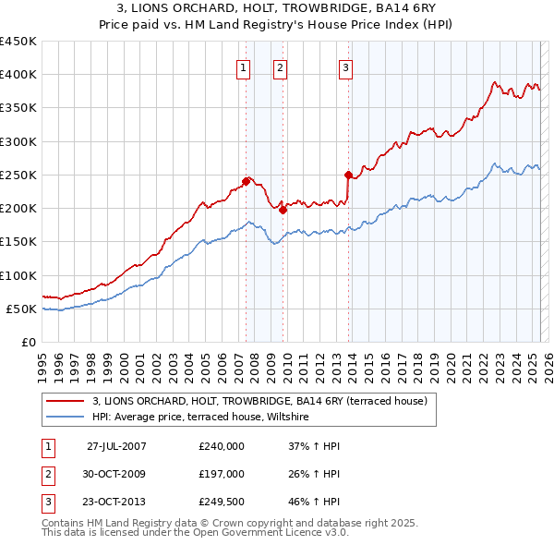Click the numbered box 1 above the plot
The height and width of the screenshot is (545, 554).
pyautogui.click(x=242, y=67)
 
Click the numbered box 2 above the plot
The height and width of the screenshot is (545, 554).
pyautogui.click(x=279, y=67)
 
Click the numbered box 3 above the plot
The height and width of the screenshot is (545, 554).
pyautogui.click(x=344, y=67)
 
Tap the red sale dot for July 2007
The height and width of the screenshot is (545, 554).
pyautogui.click(x=247, y=181)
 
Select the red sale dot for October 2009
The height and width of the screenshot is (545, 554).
pyautogui.click(x=283, y=210)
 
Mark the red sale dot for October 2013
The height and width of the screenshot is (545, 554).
pyautogui.click(x=348, y=175)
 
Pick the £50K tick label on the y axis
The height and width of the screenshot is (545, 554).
pyautogui.click(x=22, y=309)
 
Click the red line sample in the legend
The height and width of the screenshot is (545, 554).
pyautogui.click(x=65, y=402)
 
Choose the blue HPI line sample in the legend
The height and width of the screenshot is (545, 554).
pyautogui.click(x=65, y=418)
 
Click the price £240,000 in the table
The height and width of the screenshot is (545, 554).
pyautogui.click(x=222, y=446)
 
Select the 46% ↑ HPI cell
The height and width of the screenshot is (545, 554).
pyautogui.click(x=315, y=503)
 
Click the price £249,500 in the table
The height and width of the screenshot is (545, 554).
pyautogui.click(x=222, y=503)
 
